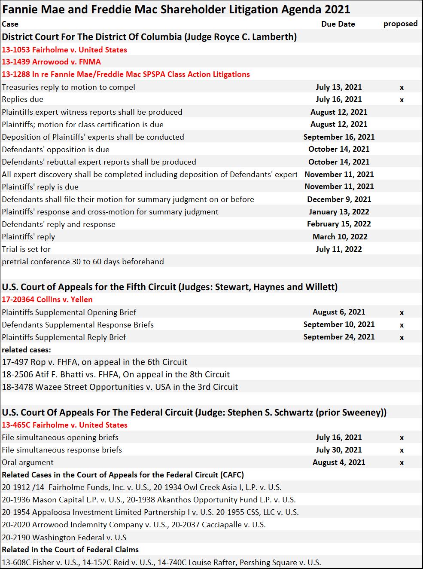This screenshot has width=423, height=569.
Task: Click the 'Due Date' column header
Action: coord(338,24)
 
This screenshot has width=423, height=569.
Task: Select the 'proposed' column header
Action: coord(400,24)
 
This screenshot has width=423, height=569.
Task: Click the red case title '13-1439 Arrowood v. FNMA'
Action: coord(51,62)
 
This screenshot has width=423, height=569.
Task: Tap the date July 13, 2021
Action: coord(339,87)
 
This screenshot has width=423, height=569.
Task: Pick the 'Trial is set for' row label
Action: coord(26,249)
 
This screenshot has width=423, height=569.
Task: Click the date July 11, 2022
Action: coord(339,249)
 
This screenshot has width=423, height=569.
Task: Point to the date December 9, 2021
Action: coord(339,199)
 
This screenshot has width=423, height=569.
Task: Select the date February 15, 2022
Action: coord(339,224)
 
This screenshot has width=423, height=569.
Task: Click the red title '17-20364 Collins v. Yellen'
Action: coord(47,300)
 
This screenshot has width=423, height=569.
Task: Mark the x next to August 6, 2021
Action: coord(402,313)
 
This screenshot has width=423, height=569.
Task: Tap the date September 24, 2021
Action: coord(339,337)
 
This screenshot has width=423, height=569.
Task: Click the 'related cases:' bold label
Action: coord(26,350)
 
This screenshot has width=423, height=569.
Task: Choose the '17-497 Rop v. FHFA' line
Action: coord(94,362)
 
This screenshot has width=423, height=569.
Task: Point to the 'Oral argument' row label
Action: coord(27,462)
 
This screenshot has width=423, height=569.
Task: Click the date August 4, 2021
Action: coord(339,462)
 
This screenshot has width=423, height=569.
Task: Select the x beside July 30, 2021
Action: coord(402,450)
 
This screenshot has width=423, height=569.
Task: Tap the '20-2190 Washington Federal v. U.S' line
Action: coord(64,538)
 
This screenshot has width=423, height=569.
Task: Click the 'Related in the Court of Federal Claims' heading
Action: coord(70,550)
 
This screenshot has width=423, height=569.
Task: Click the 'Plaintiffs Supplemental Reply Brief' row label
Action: coord(64,337)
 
